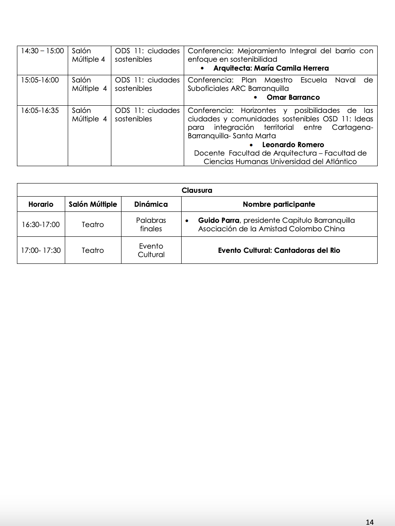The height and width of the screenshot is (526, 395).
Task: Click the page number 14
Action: coord(370,522)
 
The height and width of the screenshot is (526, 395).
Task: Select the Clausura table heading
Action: coord(197,190)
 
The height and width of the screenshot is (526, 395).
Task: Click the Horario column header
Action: coord(41,204)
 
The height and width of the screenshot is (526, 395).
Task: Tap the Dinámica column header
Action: coord(151,204)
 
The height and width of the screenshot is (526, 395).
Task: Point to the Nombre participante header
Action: coord(279,204)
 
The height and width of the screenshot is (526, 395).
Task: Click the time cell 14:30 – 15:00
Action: coord(42,51)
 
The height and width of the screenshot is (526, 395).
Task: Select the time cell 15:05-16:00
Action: coord(40,80)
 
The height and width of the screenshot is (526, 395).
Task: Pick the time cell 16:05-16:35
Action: coord(40,110)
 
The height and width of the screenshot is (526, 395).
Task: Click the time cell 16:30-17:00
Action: coord(41,225)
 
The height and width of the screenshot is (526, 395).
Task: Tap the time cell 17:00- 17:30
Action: coord(41,250)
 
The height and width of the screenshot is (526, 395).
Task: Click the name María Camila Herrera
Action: coord(291,68)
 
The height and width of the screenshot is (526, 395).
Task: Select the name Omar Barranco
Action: coord(293,97)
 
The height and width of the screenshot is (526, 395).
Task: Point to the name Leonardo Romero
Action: coord(293,145)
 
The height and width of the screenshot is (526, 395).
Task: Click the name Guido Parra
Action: coord(218,220)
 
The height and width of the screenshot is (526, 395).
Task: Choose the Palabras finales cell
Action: coord(151,225)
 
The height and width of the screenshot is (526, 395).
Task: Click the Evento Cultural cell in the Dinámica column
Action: coord(151,250)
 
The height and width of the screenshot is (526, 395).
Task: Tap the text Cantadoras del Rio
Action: coord(307,250)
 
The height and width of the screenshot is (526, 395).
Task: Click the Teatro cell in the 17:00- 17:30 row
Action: coord(93,250)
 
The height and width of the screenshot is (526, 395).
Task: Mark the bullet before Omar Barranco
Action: coord(255,97)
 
